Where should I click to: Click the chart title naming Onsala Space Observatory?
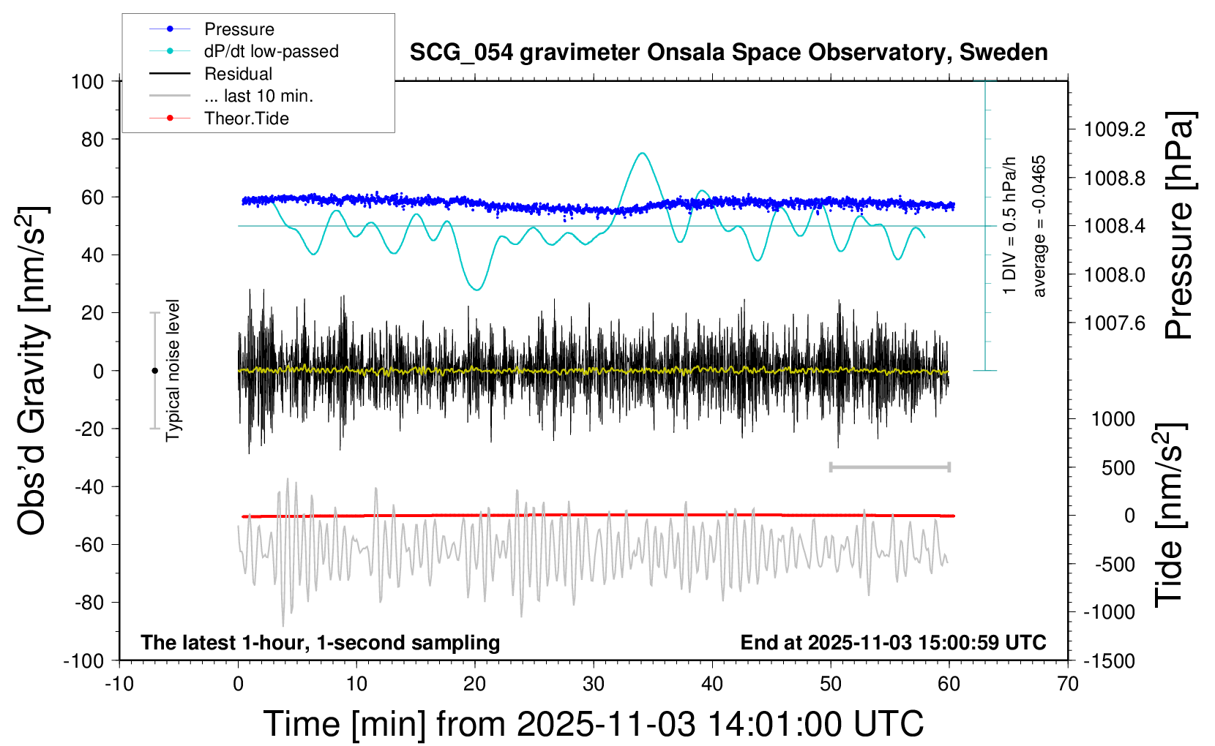tap(728, 53)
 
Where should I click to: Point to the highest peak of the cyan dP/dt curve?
tap(642, 153)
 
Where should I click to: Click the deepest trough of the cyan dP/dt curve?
tap(477, 290)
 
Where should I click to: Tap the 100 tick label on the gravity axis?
tap(87, 81)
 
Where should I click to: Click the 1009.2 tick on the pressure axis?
tap(1115, 129)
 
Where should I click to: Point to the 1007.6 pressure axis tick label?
tap(1115, 323)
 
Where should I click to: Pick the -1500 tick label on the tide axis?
tap(1109, 661)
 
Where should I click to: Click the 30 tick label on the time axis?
tap(594, 685)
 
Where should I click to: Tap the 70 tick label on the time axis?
tap(1068, 685)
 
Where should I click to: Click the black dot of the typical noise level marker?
tap(154, 371)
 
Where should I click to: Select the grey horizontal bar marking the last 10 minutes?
tap(889, 467)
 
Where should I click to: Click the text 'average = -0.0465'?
tap(1039, 226)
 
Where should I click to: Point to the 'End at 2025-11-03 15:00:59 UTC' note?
tap(893, 643)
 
